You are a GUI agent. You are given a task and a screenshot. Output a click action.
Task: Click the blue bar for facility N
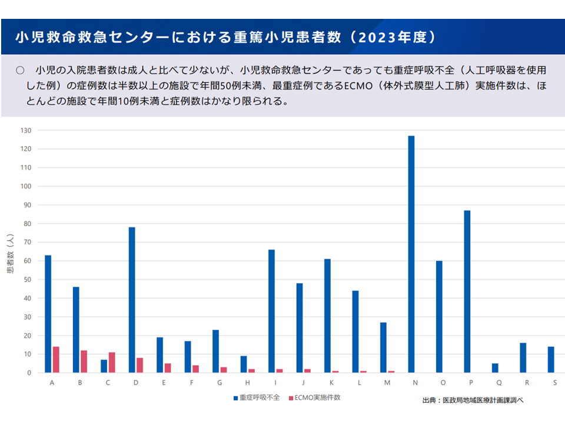coord(411,254)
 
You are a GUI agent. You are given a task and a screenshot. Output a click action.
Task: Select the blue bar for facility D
coord(132,300)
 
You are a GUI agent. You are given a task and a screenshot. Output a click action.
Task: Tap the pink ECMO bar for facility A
coord(56,360)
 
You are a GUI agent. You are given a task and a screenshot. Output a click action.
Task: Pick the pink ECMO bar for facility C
coord(112,363)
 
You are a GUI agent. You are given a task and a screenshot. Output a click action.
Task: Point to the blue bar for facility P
coord(467,291)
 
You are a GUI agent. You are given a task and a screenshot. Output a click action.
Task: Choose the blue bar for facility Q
coord(495,368)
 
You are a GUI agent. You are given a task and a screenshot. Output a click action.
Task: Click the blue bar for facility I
coord(271,311)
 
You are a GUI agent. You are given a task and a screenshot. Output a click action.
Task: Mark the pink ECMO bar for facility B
coord(84,362)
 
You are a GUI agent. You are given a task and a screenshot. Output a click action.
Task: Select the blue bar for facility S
coord(551,360)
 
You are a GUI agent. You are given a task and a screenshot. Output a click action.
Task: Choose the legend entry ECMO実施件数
coord(317,397)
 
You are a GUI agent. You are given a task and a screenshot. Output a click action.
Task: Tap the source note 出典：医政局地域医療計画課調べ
coord(473,400)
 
